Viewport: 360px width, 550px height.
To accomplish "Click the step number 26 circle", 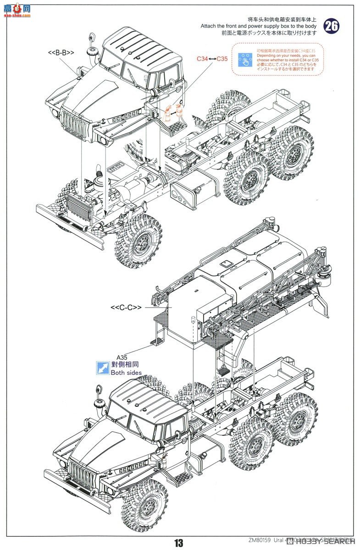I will tap(331, 26).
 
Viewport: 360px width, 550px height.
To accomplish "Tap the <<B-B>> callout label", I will tap(61, 53).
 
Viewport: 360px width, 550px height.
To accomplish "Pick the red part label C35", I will tap(222, 59).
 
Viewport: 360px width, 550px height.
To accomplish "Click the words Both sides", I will tap(126, 373).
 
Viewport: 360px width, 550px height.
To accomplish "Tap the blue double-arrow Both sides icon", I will tap(103, 368).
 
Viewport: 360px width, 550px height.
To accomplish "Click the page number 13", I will tap(178, 543).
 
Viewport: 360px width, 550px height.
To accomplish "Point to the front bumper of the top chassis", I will tap(69, 228).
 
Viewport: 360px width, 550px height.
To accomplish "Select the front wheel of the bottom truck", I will tap(144, 506).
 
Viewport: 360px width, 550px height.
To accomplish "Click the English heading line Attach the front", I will tap(258, 26).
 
